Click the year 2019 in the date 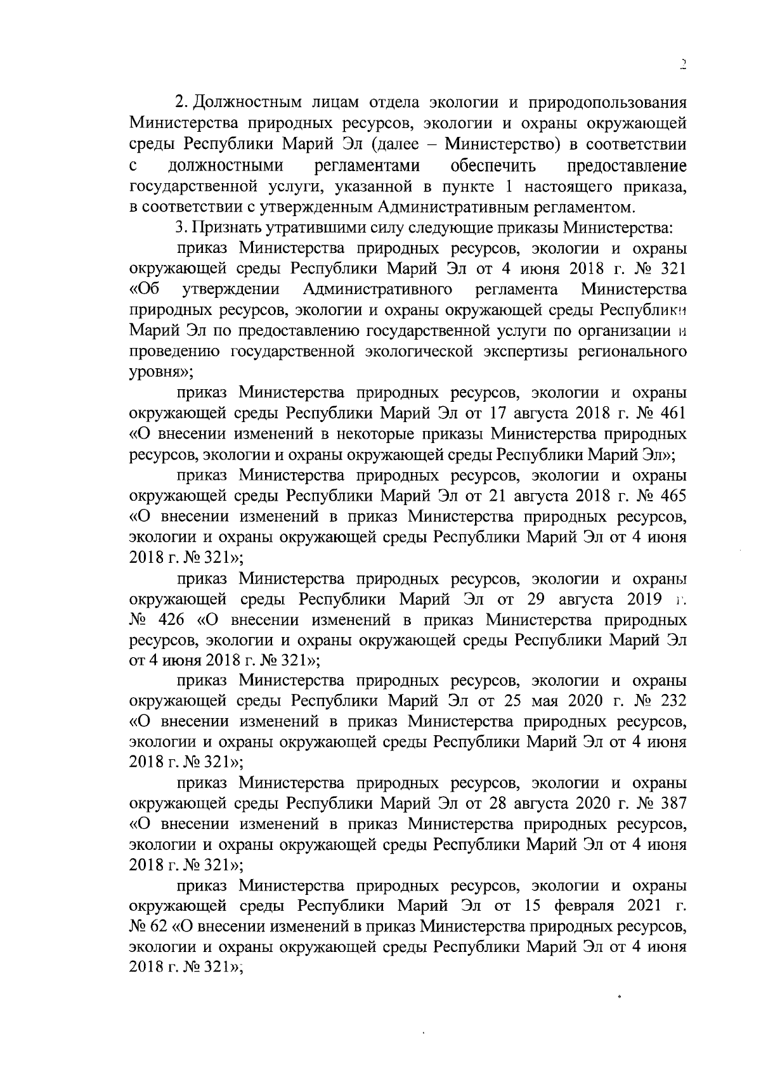(644, 599)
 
